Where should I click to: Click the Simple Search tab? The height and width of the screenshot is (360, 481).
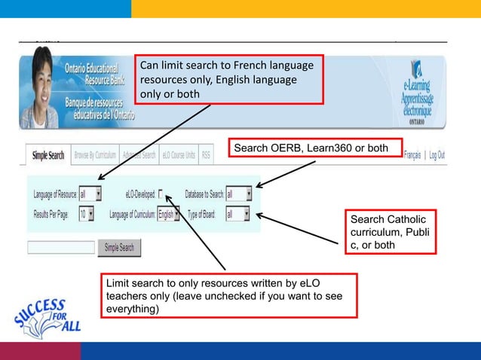(47, 156)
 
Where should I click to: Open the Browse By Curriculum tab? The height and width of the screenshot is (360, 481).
(95, 156)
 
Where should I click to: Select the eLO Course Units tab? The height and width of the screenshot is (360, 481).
(178, 156)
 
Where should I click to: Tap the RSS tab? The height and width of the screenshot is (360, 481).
(207, 156)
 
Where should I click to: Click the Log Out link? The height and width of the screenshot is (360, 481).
(437, 155)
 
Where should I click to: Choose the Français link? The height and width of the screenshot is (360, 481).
(412, 155)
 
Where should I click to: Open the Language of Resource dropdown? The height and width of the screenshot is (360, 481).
(90, 194)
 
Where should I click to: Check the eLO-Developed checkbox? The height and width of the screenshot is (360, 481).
(161, 194)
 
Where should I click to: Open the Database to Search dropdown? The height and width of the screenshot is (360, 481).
(239, 194)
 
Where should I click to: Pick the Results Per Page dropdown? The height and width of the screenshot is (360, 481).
(86, 215)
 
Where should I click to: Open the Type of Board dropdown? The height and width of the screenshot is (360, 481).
(239, 215)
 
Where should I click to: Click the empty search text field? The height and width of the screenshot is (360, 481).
(60, 247)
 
